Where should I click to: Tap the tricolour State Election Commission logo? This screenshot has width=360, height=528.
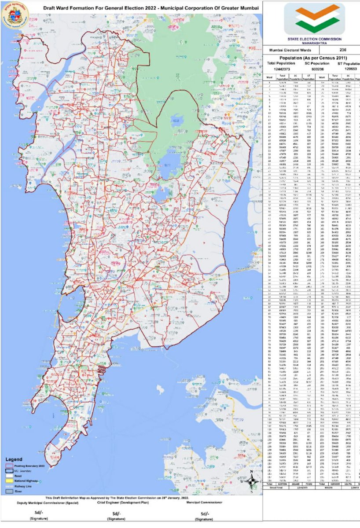click(314, 18)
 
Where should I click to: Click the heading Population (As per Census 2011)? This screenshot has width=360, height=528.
click(313, 58)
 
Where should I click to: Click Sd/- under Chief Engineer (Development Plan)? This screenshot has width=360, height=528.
click(116, 513)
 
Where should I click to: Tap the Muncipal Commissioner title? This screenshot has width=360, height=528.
click(204, 502)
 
